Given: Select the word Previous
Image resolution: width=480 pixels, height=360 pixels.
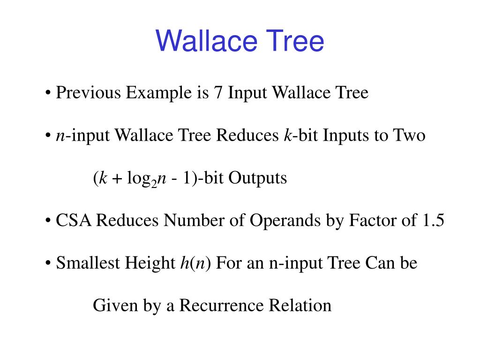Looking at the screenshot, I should (x=88, y=93).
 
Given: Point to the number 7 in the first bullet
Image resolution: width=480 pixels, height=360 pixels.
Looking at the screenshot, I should (x=217, y=93).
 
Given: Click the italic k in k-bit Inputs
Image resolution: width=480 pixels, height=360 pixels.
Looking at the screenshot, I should (x=287, y=135).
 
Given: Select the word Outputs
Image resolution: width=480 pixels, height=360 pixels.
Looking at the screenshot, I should (x=257, y=178).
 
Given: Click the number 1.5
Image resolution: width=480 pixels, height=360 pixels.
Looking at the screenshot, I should (x=430, y=220).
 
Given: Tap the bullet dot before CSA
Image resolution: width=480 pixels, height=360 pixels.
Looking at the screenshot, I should (x=49, y=221).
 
